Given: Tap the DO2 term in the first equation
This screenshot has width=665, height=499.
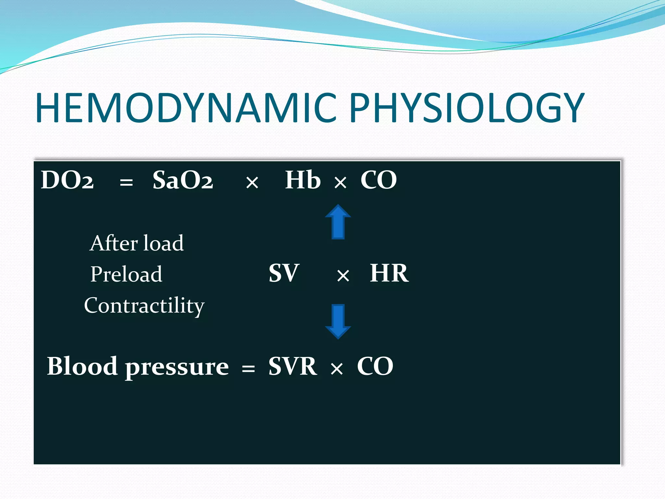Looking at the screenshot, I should [67, 180].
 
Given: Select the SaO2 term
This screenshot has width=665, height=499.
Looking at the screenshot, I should [183, 180].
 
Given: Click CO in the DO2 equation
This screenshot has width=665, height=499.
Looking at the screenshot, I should [379, 180].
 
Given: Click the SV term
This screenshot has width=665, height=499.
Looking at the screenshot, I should [284, 273].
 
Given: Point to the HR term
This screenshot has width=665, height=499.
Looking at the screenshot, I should [389, 273].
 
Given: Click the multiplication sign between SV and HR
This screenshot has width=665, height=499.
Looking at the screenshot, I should [343, 276].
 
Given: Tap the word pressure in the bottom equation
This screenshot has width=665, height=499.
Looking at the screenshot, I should [177, 368].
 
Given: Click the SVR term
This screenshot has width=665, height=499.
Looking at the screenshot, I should [293, 366].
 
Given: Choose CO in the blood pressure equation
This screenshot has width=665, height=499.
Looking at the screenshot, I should [375, 366].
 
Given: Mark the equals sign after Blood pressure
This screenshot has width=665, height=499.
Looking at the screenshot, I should [248, 369].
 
